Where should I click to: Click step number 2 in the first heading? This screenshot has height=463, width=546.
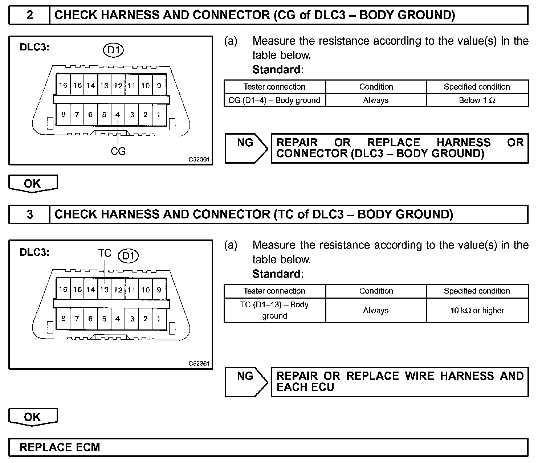point(30,15)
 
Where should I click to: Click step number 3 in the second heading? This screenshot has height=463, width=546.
point(30,214)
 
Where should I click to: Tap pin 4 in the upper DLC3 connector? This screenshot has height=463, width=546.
point(118,115)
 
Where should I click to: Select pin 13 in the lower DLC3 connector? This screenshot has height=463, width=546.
point(104,290)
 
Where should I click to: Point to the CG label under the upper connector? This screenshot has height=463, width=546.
point(118,151)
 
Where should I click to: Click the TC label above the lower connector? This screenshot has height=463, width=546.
point(105,253)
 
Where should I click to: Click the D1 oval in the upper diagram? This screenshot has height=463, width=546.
point(113,50)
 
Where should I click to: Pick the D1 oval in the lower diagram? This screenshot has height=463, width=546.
point(128,256)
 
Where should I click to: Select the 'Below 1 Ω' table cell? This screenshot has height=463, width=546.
point(477,101)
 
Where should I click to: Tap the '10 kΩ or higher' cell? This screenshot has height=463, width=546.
point(477,311)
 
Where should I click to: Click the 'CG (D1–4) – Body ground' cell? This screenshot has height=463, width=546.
point(274,101)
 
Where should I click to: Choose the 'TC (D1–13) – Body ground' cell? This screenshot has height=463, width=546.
point(274,310)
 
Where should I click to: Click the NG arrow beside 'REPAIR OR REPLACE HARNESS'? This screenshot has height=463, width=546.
point(246,148)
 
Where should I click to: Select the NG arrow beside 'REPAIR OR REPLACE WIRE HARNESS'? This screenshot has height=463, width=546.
point(246,381)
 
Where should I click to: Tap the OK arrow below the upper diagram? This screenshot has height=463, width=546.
point(33,184)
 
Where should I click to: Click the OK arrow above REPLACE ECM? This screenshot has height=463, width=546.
point(33,417)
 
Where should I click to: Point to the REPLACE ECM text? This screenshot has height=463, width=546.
point(60,447)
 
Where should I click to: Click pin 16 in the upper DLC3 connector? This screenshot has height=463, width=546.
point(63,85)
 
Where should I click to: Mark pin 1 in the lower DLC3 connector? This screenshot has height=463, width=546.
point(159,319)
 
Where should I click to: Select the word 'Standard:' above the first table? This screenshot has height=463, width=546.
point(278,69)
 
